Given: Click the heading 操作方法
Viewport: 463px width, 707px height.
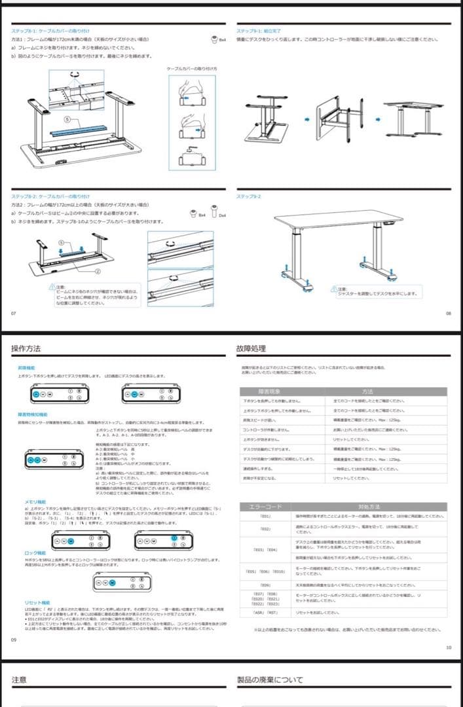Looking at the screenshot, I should click(26, 349).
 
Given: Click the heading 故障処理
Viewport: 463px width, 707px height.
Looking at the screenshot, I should click(251, 349).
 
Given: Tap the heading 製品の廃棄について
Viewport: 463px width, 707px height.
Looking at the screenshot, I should click(270, 680).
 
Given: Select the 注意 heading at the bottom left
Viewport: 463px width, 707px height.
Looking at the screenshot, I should click(20, 680).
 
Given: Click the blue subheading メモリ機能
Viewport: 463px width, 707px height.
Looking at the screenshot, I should click(27, 501).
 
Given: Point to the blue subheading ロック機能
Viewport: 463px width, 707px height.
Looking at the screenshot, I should click(27, 553).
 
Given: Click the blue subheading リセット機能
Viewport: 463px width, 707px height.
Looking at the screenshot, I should click(28, 602).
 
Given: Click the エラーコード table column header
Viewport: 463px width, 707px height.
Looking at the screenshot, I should click(262, 506).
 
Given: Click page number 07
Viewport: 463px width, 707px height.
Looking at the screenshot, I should click(14, 312).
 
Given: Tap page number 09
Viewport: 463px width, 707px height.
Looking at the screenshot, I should click(14, 639).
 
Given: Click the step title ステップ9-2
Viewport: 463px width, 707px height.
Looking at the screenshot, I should click(248, 196).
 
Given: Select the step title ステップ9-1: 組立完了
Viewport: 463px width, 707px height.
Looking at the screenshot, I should click(258, 31).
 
